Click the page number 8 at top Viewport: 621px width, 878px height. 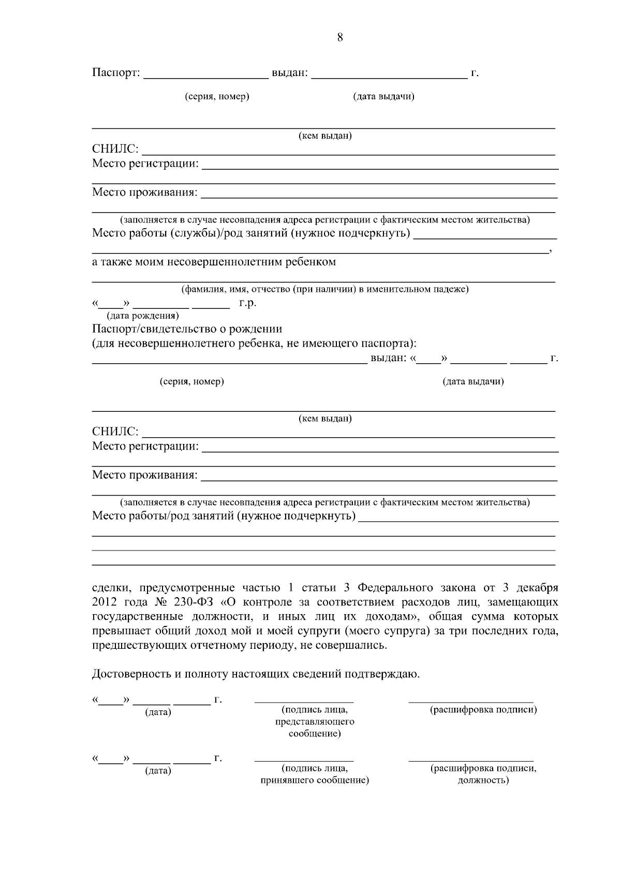340,37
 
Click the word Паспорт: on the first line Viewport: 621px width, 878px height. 116,73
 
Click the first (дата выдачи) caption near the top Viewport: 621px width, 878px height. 383,97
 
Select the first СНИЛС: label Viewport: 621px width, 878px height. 115,150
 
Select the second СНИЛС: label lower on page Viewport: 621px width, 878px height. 115,431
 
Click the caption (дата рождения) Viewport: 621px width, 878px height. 142,316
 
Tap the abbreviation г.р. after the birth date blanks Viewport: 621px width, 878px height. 247,303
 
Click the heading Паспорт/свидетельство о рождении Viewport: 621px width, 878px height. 187,329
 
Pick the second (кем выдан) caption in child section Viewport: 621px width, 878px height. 325,419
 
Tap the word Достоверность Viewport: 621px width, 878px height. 128,674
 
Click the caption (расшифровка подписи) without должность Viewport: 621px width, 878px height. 483,710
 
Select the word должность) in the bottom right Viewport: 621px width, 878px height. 483,780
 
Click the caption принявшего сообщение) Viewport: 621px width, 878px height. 314,780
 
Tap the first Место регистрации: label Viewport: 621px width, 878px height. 145,164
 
